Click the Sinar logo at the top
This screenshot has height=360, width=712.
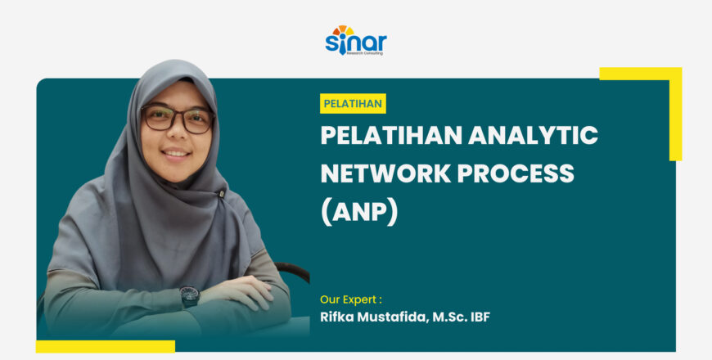[355, 41]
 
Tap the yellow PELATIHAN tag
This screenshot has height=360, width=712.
[353, 104]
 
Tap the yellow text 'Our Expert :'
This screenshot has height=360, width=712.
[351, 299]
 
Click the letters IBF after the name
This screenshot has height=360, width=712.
[480, 317]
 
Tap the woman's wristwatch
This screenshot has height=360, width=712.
[190, 295]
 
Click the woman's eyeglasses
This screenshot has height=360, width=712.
[178, 119]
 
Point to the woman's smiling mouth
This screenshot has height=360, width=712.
[176, 152]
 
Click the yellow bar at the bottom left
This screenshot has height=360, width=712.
[106, 346]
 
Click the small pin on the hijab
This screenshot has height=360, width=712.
[222, 193]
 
